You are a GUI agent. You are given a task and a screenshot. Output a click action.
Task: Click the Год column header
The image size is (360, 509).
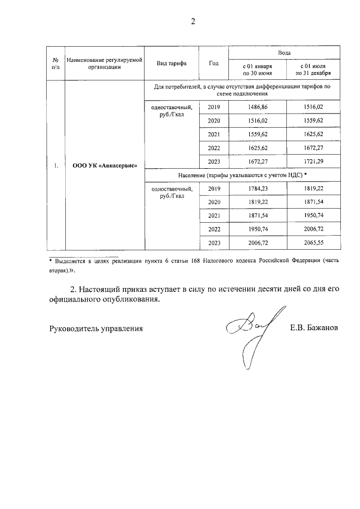214,63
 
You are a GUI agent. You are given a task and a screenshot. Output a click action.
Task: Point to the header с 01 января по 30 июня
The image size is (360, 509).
257,70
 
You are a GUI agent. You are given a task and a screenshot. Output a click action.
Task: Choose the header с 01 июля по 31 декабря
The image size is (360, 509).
313,70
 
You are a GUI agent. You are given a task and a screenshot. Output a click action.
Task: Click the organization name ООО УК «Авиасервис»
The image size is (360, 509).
105,166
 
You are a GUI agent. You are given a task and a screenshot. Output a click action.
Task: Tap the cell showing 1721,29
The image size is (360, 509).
313,161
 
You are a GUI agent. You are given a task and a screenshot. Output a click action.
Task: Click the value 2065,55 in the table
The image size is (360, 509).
313,243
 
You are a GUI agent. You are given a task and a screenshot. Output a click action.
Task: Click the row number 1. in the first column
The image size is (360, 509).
56,166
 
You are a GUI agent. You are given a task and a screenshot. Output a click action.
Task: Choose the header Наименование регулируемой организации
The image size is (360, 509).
105,63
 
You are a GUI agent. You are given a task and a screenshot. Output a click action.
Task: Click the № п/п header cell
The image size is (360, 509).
56,63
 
